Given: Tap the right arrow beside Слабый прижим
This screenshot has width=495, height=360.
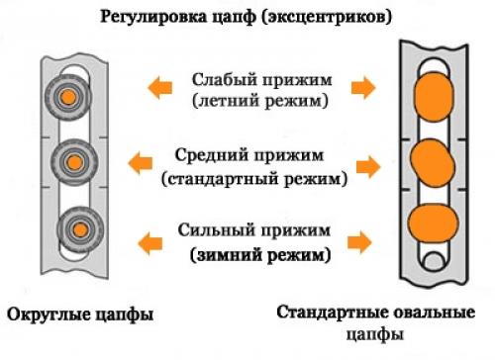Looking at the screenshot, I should click(x=363, y=89).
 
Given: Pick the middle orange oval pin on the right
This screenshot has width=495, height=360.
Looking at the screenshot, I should click(x=431, y=160).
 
